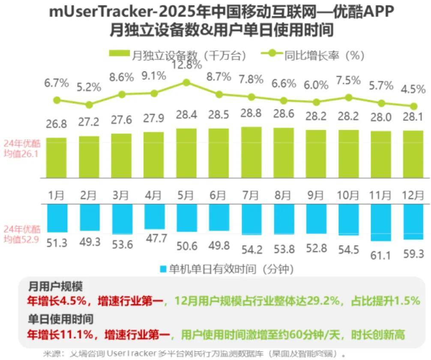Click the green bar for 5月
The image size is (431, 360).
[186, 153]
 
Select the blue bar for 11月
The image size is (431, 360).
[381, 222]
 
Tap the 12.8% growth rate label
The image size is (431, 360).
[186, 65]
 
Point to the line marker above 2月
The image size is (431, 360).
[89, 104]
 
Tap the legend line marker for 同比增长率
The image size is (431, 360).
[271, 54]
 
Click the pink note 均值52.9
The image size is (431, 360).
[21, 238]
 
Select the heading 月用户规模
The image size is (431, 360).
[56, 286]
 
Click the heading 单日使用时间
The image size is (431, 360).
[61, 319]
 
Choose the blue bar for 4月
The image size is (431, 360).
[154, 217]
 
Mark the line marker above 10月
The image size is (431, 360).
[349, 98]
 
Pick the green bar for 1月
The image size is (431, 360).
[57, 158]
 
